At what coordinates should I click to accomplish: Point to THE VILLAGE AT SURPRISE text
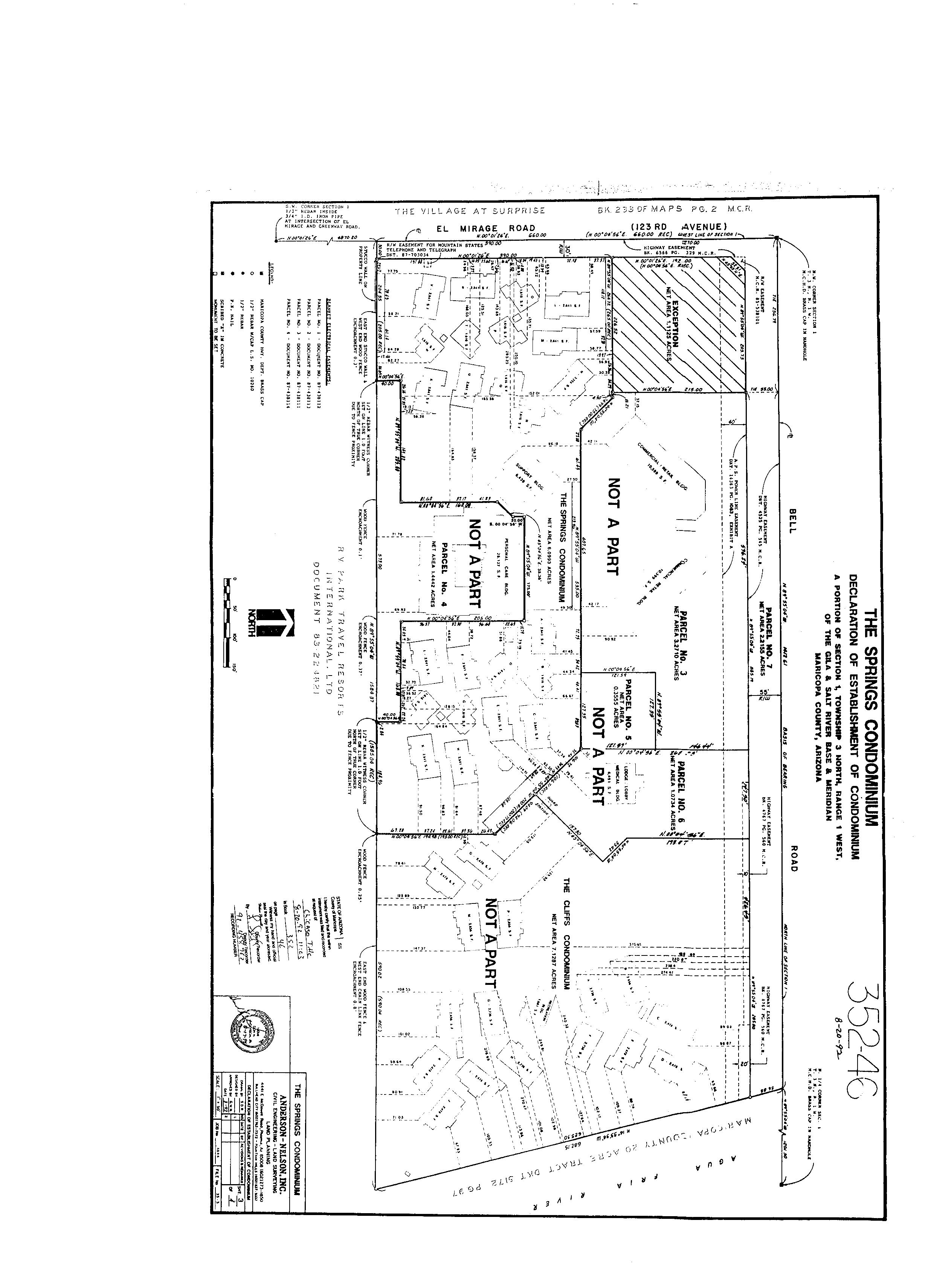(x=469, y=211)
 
